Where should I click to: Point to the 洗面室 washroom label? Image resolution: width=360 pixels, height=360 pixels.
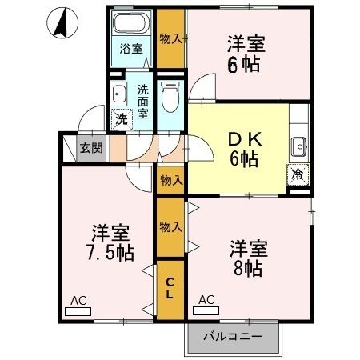(x=142, y=102)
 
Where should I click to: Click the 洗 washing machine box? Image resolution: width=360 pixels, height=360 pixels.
(x=120, y=120)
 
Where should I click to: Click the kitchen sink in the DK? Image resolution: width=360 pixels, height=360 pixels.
(x=298, y=146)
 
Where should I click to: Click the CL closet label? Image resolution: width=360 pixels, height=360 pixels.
(x=170, y=288)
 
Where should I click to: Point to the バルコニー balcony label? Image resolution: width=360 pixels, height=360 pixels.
(x=232, y=336)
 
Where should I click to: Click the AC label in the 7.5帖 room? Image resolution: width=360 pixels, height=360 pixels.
(x=78, y=300)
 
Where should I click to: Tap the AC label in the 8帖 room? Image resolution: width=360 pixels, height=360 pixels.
(x=206, y=300)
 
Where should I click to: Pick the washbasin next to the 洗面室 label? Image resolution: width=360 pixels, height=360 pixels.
(x=120, y=93)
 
